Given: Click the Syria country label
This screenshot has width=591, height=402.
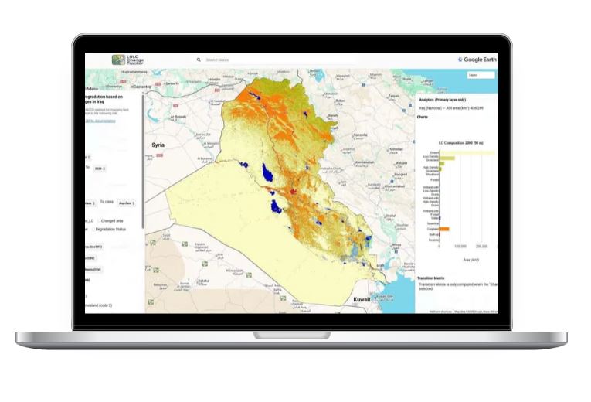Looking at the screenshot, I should point(158,145).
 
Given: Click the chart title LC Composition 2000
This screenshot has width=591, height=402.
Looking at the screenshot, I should point(458,143).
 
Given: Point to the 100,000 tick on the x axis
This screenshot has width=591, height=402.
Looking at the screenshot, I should point(460,247).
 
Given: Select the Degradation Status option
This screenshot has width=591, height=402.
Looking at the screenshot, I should point(110,229).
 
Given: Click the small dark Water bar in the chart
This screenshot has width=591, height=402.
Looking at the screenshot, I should point(440,218).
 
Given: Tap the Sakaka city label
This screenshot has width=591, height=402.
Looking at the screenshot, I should point(204,281).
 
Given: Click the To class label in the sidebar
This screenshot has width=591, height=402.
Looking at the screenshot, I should point(106,202).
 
